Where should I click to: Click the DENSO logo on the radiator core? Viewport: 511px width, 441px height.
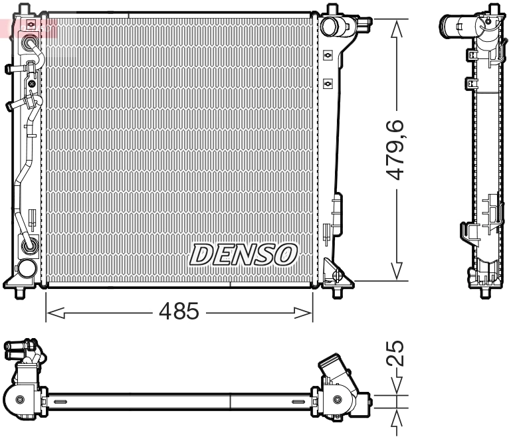click(x=243, y=254)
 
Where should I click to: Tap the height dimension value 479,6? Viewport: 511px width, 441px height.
click(x=396, y=149)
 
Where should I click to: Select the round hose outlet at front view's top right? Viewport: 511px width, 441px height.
click(x=330, y=27)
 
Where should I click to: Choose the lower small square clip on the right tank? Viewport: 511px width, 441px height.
click(x=328, y=84)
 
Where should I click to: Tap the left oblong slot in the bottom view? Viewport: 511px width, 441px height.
click(x=58, y=402)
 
